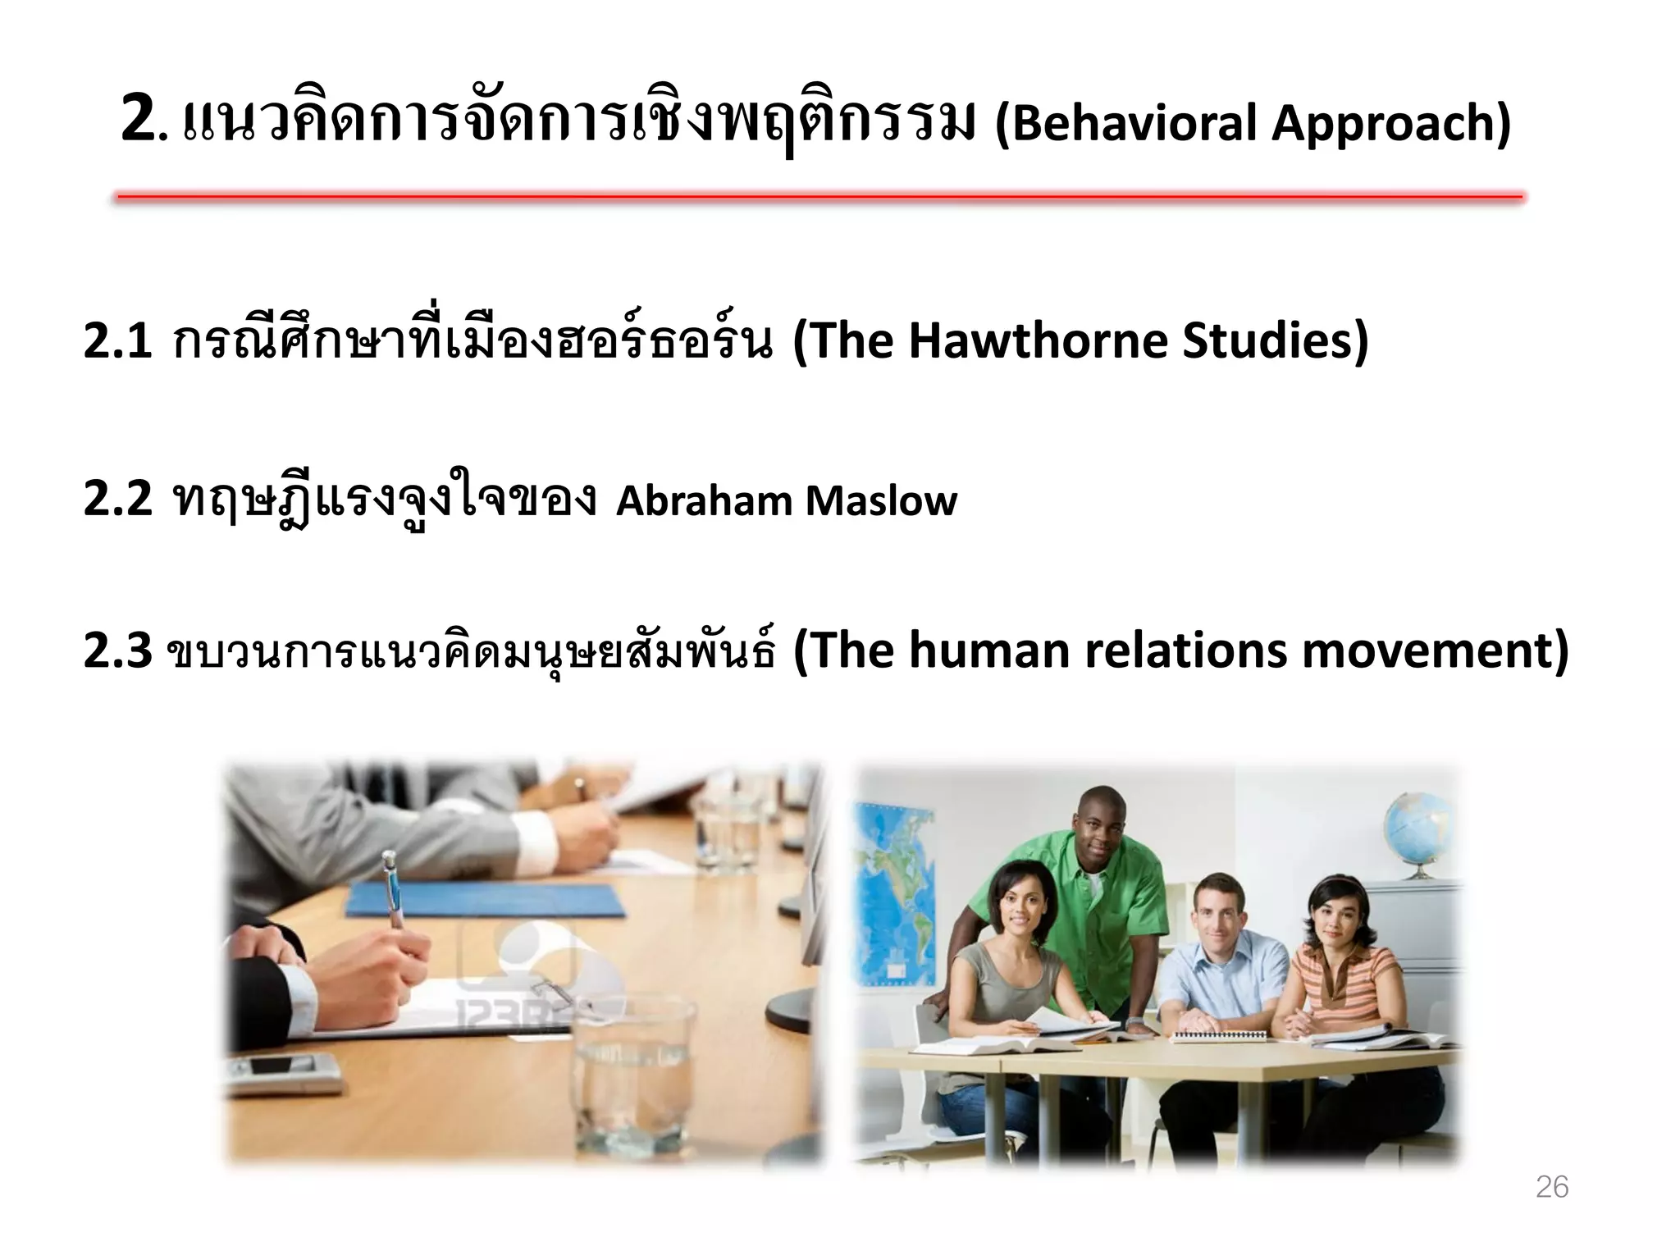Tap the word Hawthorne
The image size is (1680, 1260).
(1038, 340)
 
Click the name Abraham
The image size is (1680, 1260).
(704, 500)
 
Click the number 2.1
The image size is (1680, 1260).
(118, 340)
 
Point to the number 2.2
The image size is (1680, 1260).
(118, 498)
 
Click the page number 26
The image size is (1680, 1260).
(1551, 1187)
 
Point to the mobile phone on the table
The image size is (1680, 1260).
(283, 1069)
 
